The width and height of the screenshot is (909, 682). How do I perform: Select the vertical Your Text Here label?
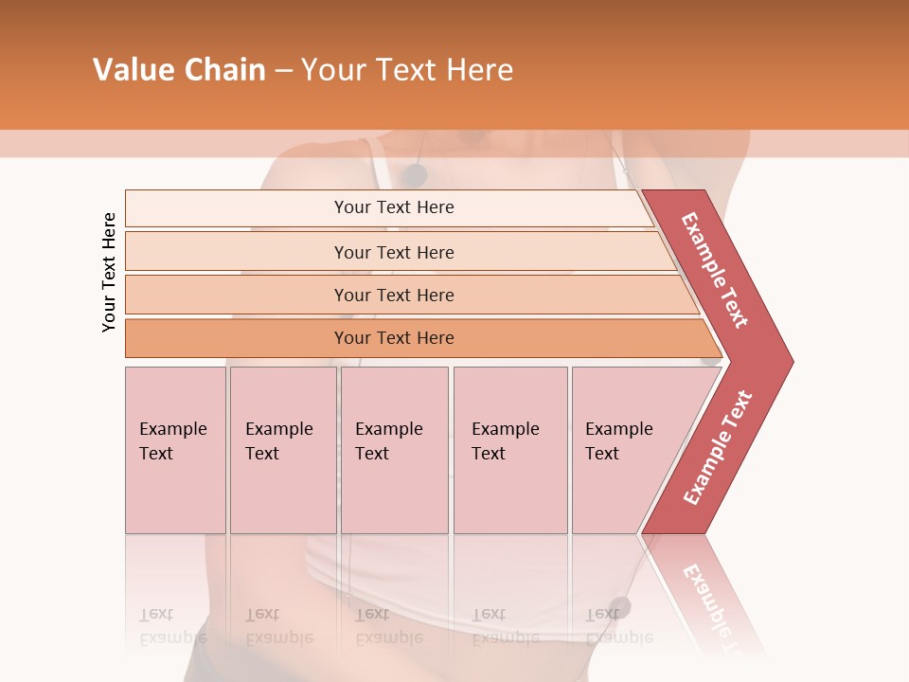point(109,272)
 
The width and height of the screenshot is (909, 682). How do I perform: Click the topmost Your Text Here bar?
point(393,207)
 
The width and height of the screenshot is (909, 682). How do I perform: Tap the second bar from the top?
point(393,252)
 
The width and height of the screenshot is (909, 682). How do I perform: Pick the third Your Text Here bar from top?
point(393,295)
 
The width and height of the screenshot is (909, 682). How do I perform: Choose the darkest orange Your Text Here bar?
point(393,338)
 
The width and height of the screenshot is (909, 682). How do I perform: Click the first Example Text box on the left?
point(175,450)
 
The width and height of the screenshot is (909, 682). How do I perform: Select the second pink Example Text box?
point(282,450)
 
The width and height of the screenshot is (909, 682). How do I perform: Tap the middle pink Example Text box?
point(394,450)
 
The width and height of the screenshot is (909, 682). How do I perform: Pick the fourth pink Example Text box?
point(509,450)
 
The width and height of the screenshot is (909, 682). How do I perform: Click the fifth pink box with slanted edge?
point(625,450)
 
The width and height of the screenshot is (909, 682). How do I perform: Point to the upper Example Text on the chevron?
point(715,270)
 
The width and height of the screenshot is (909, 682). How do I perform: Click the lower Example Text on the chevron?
point(718,447)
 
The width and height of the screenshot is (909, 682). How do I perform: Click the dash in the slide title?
point(283,71)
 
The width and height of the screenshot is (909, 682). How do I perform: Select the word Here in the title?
point(479,70)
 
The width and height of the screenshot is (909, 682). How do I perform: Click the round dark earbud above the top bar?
point(414,174)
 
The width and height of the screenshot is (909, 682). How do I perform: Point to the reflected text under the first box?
point(173,626)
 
